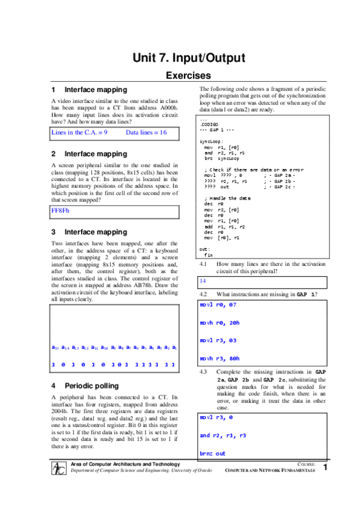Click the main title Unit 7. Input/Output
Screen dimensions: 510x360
[x=188, y=58]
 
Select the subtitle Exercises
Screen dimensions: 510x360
[x=188, y=76]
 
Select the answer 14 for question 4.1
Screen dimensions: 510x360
[x=203, y=281]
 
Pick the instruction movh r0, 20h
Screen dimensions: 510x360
[x=222, y=323]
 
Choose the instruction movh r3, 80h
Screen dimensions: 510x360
[x=222, y=358]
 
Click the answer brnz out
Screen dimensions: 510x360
[x=213, y=453]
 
